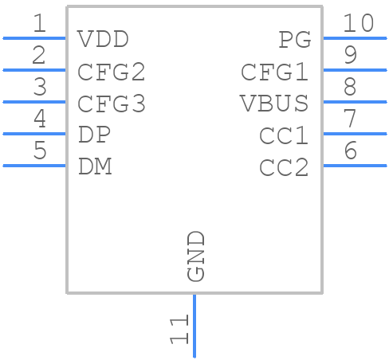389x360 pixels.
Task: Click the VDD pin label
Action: coord(103,39)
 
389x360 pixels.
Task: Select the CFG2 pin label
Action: coord(112,72)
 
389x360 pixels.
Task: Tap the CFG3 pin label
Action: coord(112,104)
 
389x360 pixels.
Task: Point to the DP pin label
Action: coord(95,135)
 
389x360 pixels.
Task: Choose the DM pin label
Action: coord(95,166)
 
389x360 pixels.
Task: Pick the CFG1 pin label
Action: coord(275,72)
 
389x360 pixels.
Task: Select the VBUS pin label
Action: coord(275,104)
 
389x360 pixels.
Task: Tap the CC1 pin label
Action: coord(284,135)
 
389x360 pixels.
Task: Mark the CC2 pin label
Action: coord(284,167)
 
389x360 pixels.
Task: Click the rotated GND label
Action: coord(196,256)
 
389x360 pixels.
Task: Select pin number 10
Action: coord(358,23)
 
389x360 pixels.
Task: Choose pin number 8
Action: coord(349,87)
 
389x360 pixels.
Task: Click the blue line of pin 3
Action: coord(34,102)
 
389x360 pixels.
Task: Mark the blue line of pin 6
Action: coord(354,166)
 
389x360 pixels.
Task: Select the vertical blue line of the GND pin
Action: coord(194,326)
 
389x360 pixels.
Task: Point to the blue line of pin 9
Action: coord(354,70)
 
